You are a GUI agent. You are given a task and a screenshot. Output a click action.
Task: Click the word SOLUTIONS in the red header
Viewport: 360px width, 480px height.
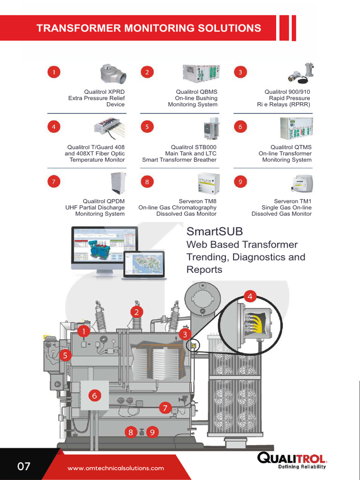pyautogui.click(x=229, y=28)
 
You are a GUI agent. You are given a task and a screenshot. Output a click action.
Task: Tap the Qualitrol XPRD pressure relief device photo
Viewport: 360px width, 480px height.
pyautogui.click(x=113, y=74)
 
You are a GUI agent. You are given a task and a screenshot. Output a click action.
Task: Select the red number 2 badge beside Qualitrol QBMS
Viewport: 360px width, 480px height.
pyautogui.click(x=147, y=72)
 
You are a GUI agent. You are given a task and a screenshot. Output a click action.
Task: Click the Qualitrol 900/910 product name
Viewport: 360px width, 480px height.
pyautogui.click(x=287, y=92)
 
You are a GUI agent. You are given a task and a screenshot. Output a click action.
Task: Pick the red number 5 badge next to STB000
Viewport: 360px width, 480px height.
pyautogui.click(x=147, y=127)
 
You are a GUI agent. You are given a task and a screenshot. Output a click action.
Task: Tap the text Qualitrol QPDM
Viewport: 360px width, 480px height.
pyautogui.click(x=104, y=201)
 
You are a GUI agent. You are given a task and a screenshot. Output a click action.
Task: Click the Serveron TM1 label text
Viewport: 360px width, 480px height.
pyautogui.click(x=292, y=201)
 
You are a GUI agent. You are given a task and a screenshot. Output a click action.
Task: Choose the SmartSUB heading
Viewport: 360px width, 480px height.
pyautogui.click(x=215, y=231)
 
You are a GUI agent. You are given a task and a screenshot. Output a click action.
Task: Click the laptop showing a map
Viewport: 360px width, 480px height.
pyautogui.click(x=144, y=265)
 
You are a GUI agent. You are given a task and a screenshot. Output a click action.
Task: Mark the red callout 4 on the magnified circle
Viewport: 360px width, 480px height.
pyautogui.click(x=250, y=296)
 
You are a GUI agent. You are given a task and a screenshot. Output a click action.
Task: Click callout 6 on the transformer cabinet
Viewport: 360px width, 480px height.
pyautogui.click(x=95, y=396)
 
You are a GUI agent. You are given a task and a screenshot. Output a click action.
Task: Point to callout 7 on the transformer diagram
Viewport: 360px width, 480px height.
pyautogui.click(x=165, y=408)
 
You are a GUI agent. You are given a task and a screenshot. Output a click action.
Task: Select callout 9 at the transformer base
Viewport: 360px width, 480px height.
pyautogui.click(x=152, y=432)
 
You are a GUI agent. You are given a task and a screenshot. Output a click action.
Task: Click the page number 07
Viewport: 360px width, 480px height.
pyautogui.click(x=23, y=466)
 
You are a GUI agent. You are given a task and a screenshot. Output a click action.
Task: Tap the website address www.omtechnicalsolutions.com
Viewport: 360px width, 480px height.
pyautogui.click(x=116, y=468)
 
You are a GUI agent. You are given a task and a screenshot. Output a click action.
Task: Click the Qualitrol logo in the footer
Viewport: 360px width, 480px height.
pyautogui.click(x=292, y=460)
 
